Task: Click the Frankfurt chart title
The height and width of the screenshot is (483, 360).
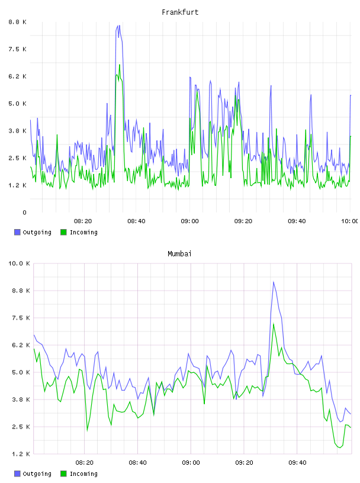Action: pyautogui.click(x=180, y=12)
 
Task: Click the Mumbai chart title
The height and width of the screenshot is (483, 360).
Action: pyautogui.click(x=179, y=254)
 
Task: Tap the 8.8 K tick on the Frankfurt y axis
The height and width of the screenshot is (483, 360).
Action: pyautogui.click(x=17, y=22)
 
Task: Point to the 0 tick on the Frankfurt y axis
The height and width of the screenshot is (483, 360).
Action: pyautogui.click(x=24, y=212)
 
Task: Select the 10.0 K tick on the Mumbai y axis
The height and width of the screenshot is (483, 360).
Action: pyautogui.click(x=19, y=263)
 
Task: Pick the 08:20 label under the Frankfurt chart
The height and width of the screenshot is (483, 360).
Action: pyautogui.click(x=83, y=221)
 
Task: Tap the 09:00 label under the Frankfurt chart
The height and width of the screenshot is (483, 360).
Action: pyautogui.click(x=189, y=221)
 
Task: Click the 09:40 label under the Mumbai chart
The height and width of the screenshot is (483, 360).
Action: pyautogui.click(x=297, y=462)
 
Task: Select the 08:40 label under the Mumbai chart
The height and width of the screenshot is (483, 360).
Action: pyautogui.click(x=137, y=462)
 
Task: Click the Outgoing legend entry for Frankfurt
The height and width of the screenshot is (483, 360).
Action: pyautogui.click(x=33, y=232)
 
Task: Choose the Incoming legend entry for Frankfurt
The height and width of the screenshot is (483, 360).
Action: pyautogui.click(x=79, y=232)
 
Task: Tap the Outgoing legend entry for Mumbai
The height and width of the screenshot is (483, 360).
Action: pyautogui.click(x=33, y=474)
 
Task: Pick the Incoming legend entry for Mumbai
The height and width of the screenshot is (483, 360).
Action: pyautogui.click(x=79, y=474)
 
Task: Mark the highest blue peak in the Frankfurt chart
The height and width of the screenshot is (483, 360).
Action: pyautogui.click(x=119, y=25)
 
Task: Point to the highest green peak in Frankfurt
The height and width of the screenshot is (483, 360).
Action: pyautogui.click(x=120, y=65)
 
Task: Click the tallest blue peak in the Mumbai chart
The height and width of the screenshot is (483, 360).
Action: pyautogui.click(x=274, y=281)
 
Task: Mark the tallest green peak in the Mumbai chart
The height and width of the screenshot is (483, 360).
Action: pyautogui.click(x=274, y=324)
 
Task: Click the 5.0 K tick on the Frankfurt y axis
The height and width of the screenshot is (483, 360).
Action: pyautogui.click(x=17, y=104)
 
